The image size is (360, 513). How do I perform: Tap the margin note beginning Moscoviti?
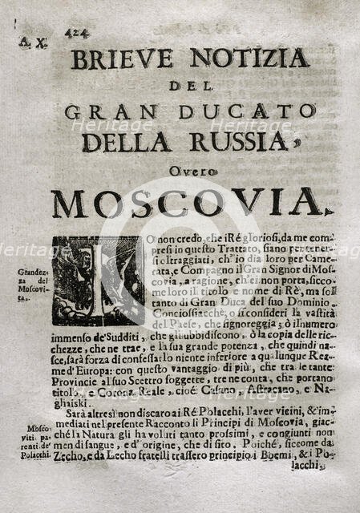coord(34,438)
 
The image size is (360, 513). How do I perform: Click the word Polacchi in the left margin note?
coord(35,454)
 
